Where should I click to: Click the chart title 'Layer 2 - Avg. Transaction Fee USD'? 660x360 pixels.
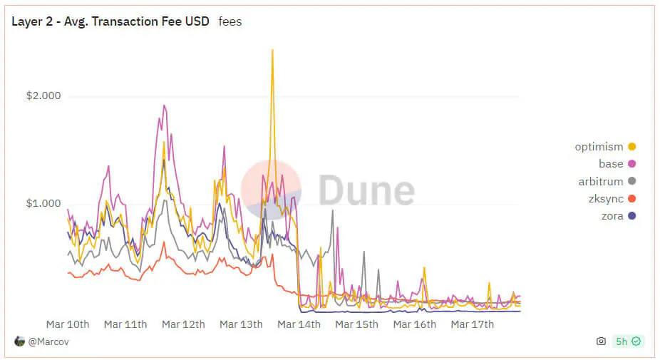coord(110,21)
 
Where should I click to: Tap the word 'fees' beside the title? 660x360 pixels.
coord(230,21)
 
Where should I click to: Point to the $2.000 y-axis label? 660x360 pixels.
coord(43,96)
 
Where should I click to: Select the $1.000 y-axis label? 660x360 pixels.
coord(43,203)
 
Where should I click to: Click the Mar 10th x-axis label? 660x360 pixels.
coord(68,324)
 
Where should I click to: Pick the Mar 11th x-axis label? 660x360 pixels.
coord(125,324)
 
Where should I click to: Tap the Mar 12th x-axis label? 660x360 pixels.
coord(183,324)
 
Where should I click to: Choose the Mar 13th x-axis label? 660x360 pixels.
coord(241,324)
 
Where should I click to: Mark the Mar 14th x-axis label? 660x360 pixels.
coord(299,324)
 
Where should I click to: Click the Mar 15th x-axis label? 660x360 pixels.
coord(356,324)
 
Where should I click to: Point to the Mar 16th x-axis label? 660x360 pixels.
coord(415,324)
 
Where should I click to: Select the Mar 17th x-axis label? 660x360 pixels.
coord(473,324)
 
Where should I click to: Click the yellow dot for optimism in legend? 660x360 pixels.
coord(631,147)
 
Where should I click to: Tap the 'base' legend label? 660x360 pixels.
coord(611,164)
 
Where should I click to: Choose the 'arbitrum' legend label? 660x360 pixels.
coord(601,182)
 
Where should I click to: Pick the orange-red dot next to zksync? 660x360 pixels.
coord(631,199)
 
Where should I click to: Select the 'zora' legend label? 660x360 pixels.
coord(612,216)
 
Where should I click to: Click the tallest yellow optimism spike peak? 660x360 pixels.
coord(272,51)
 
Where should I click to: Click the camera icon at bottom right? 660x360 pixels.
coord(601,341)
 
